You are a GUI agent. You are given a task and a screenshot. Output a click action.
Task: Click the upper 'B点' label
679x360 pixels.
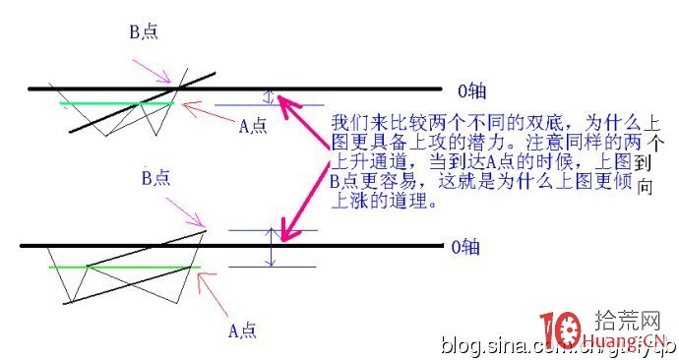point(144,31)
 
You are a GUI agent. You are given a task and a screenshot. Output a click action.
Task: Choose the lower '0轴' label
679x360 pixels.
point(464,246)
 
